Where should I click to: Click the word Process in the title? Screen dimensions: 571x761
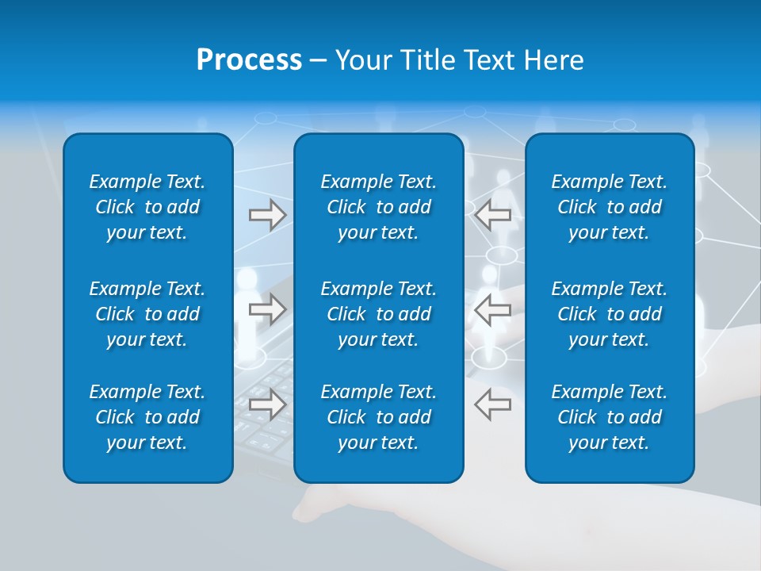coord(249,60)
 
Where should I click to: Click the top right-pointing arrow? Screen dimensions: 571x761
coord(267,215)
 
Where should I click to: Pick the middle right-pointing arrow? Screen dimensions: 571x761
coord(267,309)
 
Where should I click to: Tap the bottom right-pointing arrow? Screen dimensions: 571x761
coord(267,404)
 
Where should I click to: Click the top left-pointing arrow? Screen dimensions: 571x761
coord(493,215)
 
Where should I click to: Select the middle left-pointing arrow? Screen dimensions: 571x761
coord(493,309)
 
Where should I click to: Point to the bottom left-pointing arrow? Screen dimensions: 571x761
coord(493,404)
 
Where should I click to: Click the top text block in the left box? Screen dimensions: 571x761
coord(147,207)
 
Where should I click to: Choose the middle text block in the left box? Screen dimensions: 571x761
coord(147,314)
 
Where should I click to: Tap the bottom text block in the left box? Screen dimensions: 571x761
coord(147,417)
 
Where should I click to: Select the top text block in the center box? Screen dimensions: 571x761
coord(378,207)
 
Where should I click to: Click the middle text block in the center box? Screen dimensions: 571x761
coord(378,314)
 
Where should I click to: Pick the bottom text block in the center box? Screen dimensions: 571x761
coord(378,417)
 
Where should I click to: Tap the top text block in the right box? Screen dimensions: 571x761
coord(609,207)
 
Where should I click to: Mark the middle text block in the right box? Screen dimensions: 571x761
coord(609,314)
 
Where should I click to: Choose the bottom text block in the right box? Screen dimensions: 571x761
coord(609,417)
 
